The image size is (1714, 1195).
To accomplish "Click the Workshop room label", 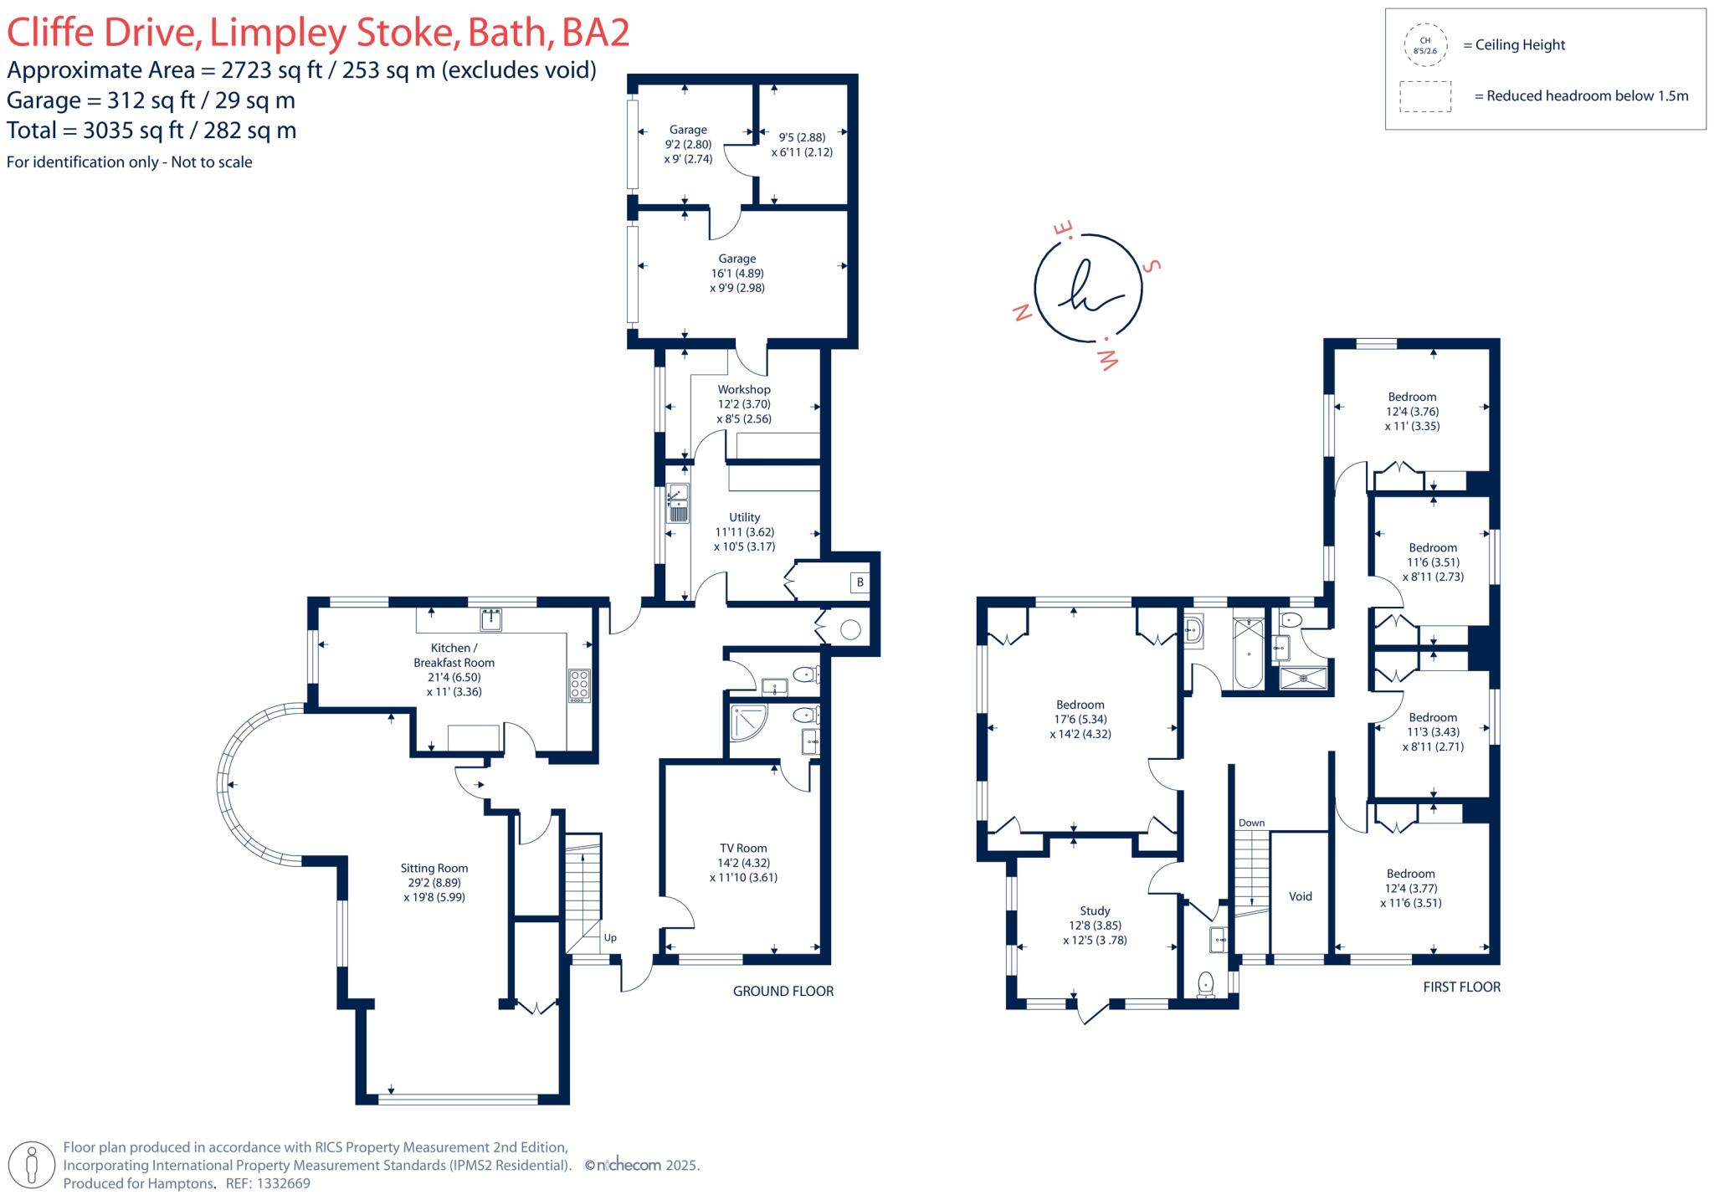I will [743, 390].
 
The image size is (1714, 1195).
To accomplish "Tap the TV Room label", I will [742, 848].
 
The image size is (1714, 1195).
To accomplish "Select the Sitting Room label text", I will [434, 869].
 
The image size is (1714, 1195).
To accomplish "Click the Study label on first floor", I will [1095, 910].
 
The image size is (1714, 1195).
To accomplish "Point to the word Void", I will [1300, 896].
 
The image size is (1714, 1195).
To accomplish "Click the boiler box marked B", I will [860, 582].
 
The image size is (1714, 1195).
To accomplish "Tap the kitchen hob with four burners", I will [579, 685].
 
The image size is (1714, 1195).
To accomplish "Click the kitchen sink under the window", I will [491, 619].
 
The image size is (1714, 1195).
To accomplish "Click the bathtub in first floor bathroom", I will [1248, 653].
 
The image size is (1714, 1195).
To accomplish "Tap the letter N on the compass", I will [1021, 314].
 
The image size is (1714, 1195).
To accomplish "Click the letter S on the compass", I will [1152, 267].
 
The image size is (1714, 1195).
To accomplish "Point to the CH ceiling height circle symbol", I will [1424, 45].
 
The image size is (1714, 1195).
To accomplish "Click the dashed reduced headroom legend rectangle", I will [1425, 96].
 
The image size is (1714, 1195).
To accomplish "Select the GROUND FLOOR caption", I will [783, 991].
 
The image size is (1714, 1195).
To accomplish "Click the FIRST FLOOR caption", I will [1461, 987].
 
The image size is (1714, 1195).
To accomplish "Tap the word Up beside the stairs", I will [610, 937].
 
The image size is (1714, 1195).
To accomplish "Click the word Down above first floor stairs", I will [1251, 823].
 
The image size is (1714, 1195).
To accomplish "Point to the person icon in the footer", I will [33, 1165].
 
